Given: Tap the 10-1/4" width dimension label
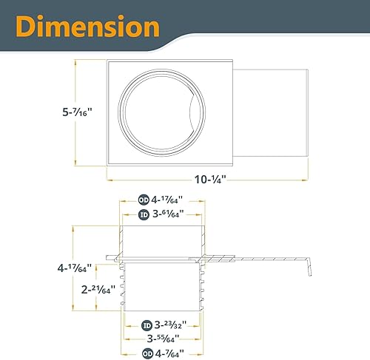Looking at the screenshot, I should [x=210, y=178].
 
